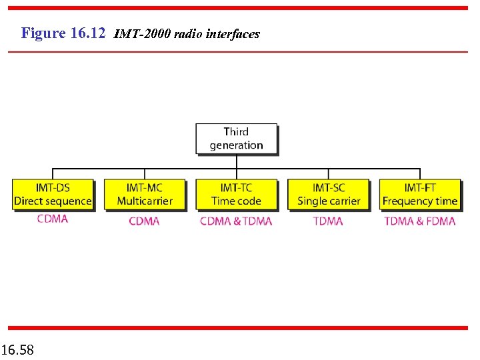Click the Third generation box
[x=236, y=139]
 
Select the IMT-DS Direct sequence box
[x=53, y=195]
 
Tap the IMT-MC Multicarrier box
[x=145, y=195]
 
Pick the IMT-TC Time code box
[x=236, y=195]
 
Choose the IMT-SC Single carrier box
[x=329, y=195]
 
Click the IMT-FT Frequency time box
[x=420, y=195]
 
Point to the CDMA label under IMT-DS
[x=53, y=219]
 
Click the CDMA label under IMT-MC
[x=144, y=221]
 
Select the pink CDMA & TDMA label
[x=236, y=221]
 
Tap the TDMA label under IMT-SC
[x=328, y=221]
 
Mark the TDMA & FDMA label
[x=420, y=221]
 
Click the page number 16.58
[x=18, y=349]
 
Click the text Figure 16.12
[x=63, y=33]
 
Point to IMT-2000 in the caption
[x=143, y=34]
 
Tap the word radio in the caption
[x=189, y=34]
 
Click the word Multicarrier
[x=145, y=201]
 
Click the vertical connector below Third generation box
[x=237, y=162]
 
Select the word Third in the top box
[x=236, y=132]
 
